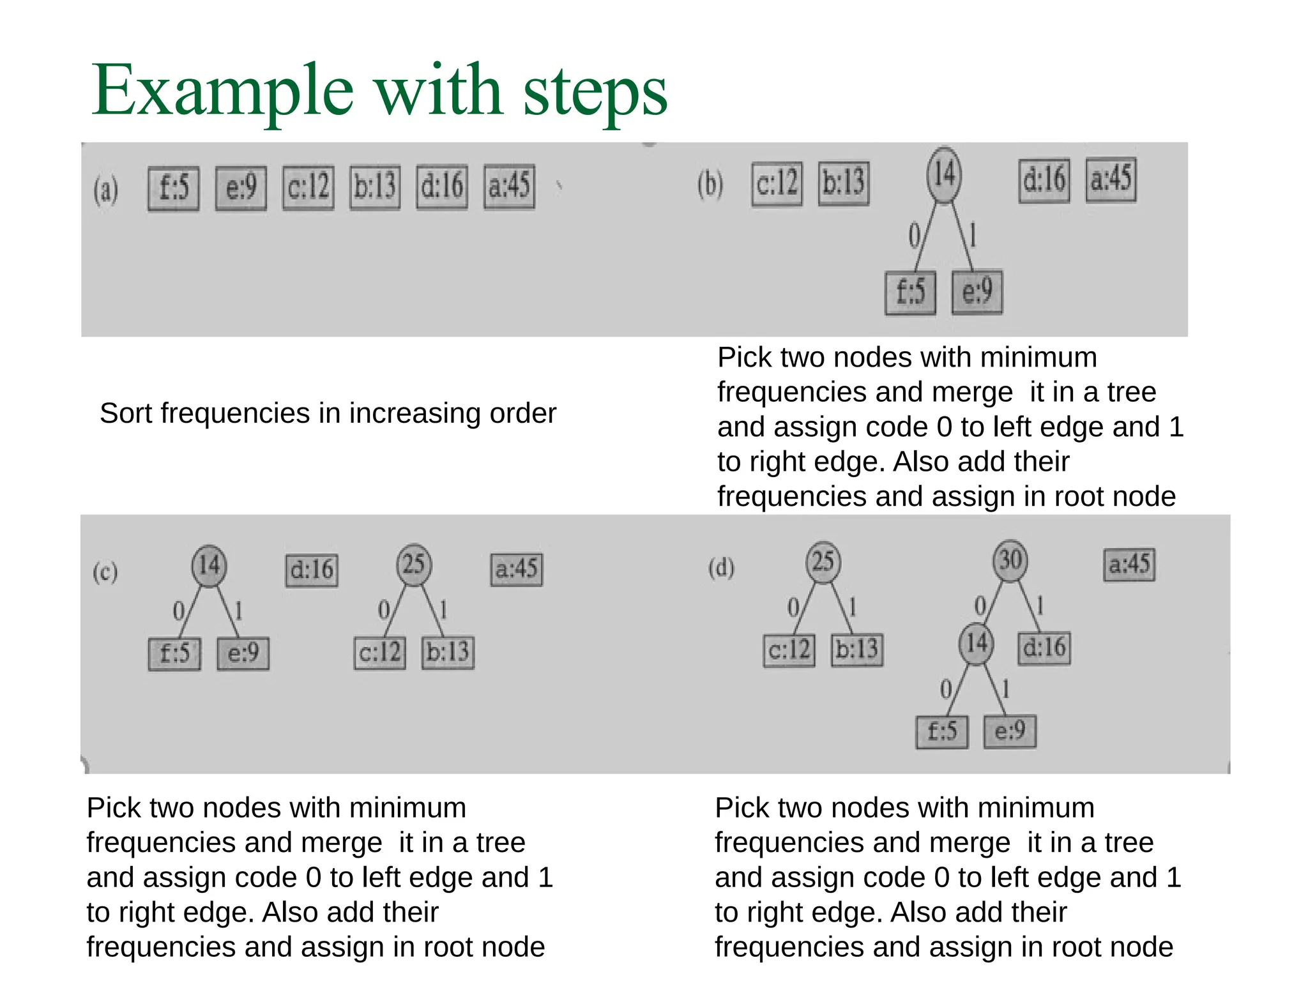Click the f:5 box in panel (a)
pyautogui.click(x=173, y=188)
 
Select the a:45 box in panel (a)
pyautogui.click(x=509, y=186)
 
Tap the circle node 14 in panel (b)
pyautogui.click(x=944, y=174)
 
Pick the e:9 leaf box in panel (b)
pyautogui.click(x=977, y=293)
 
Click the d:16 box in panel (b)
pyautogui.click(x=1044, y=181)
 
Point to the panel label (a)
pyautogui.click(x=106, y=190)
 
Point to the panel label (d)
pyautogui.click(x=721, y=567)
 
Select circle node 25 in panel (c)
pyautogui.click(x=414, y=565)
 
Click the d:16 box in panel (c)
pyautogui.click(x=311, y=570)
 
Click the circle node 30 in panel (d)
pyautogui.click(x=1010, y=561)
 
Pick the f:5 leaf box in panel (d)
pyautogui.click(x=941, y=731)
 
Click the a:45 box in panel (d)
pyautogui.click(x=1129, y=565)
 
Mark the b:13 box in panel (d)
pyautogui.click(x=857, y=650)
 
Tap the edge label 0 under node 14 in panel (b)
pyautogui.click(x=914, y=236)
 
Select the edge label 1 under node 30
pyautogui.click(x=1040, y=604)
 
